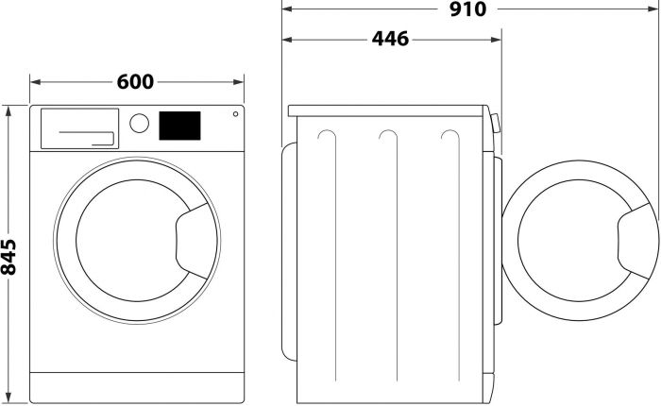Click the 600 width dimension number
click(x=136, y=82)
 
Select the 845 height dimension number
click(x=9, y=256)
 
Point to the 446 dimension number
click(x=390, y=40)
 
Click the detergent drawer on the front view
click(x=78, y=127)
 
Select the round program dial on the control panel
click(x=140, y=123)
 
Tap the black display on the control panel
click(x=179, y=124)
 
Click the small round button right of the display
click(x=233, y=115)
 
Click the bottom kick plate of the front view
click(x=137, y=384)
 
